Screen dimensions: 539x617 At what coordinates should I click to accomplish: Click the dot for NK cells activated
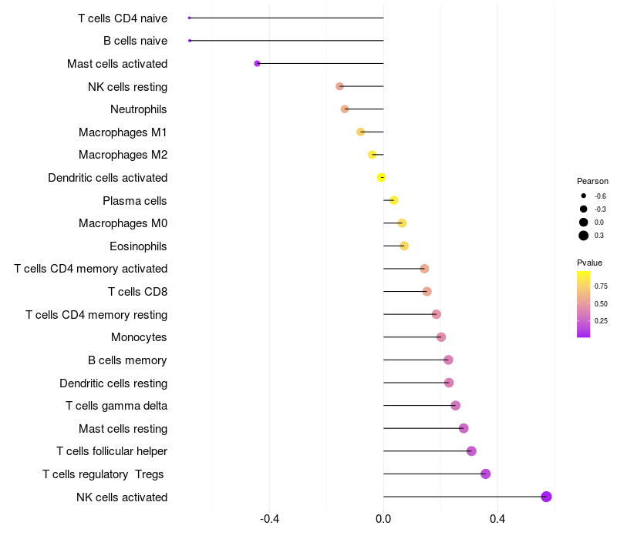[546, 497]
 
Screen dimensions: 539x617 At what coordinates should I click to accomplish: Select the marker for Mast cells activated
[257, 63]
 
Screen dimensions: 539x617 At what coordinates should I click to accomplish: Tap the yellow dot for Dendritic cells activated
[381, 178]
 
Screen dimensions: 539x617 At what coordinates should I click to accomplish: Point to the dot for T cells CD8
[427, 292]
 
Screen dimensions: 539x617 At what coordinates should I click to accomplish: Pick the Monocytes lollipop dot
[441, 337]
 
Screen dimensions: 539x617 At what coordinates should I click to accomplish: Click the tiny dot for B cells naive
[190, 40]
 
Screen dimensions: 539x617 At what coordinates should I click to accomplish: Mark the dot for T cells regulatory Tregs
[485, 474]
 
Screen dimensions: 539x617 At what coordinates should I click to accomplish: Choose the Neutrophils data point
[345, 109]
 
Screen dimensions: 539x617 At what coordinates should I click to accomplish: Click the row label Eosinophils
[138, 246]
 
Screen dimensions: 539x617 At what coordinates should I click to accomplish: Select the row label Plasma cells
[134, 201]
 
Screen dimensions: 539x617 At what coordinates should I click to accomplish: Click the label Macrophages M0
[123, 223]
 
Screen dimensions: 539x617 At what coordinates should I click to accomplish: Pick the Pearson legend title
[592, 181]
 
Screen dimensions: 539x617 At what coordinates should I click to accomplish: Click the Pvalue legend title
[589, 263]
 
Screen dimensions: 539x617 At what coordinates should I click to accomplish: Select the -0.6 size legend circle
[584, 196]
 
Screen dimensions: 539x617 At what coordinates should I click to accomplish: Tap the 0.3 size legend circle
[584, 235]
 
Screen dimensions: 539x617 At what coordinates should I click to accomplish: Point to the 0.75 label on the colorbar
[601, 286]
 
